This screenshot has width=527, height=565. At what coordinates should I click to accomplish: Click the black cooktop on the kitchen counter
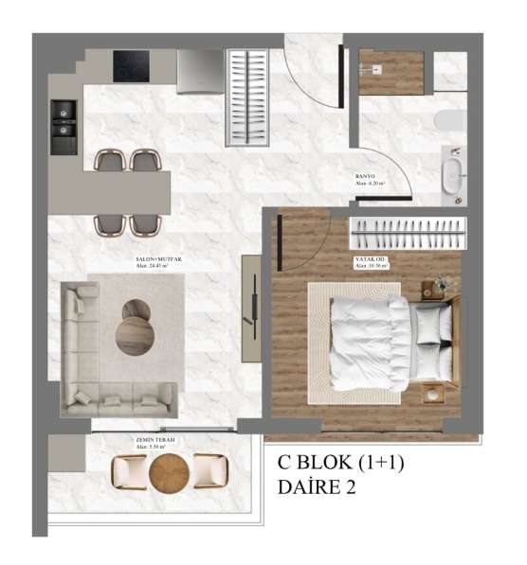(131, 65)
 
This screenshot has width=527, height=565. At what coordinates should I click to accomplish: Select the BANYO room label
(366, 179)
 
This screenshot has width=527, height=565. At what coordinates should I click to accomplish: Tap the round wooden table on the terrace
(170, 474)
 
